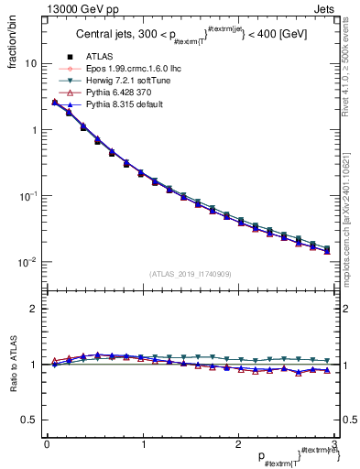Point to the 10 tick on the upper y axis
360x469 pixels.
(x=31, y=64)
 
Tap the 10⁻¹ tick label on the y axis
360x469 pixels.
(x=28, y=196)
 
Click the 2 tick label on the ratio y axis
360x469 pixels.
(x=34, y=309)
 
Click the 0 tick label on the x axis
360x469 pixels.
(x=46, y=444)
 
